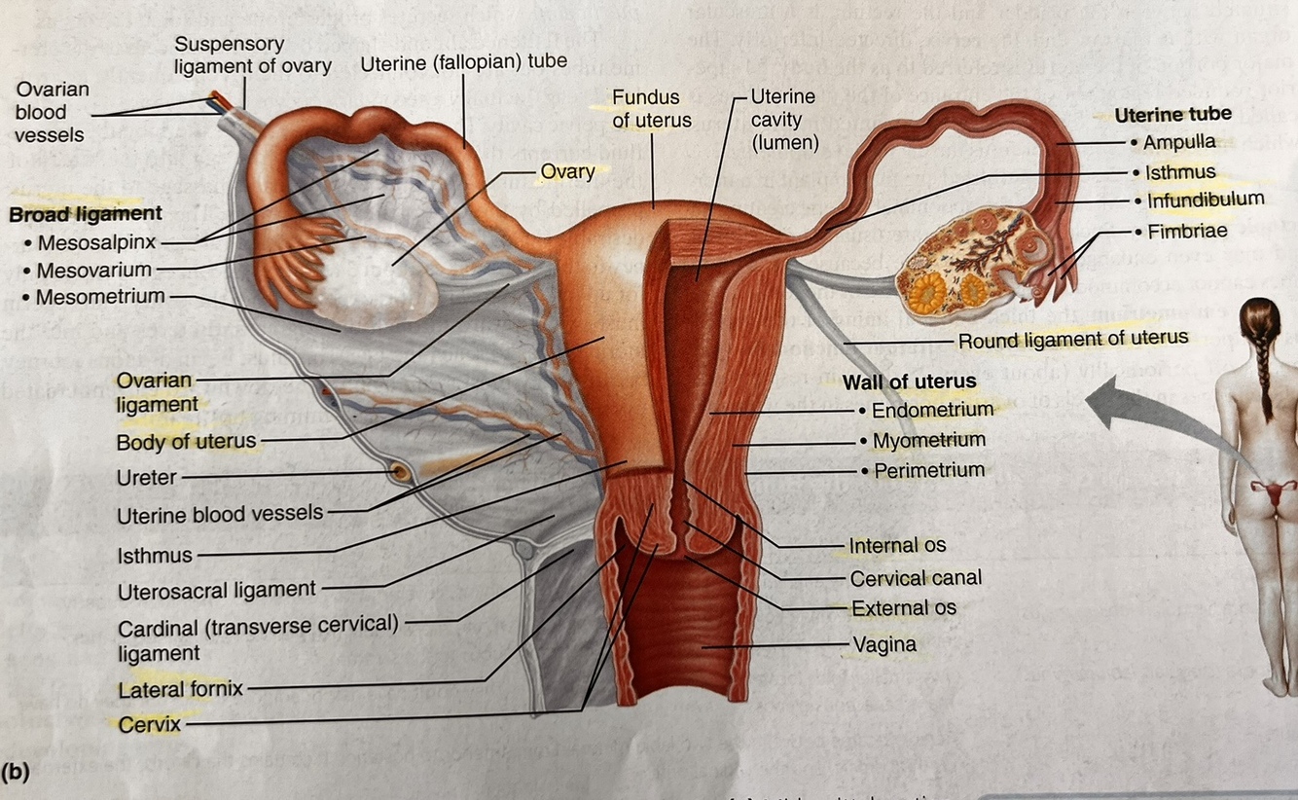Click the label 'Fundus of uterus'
651,108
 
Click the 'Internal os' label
896,546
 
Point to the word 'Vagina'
883,643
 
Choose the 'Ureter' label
147,478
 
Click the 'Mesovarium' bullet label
93,270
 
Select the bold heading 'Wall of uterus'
909,382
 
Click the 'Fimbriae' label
1186,232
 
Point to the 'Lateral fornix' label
180,690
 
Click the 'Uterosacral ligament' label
216,591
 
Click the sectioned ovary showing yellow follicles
968,258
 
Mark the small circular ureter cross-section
399,473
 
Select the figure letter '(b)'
18,773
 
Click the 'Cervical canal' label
915,578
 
